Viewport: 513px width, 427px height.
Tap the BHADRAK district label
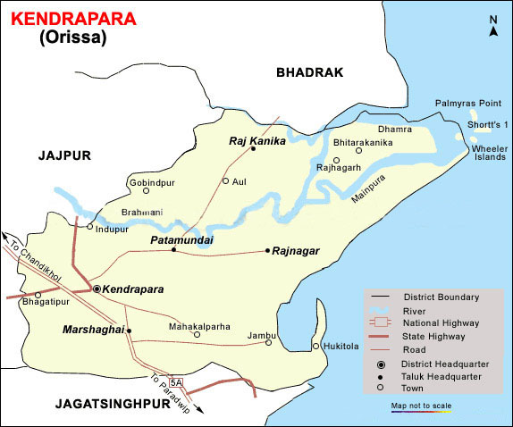[309, 72]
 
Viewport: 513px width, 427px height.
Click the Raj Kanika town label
[256, 141]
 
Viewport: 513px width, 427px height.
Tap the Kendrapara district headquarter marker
[97, 289]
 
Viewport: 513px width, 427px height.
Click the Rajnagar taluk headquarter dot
[267, 251]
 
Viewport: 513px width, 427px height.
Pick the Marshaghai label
[92, 331]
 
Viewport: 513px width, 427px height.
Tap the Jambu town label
[260, 331]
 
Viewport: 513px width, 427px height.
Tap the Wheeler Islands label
[489, 153]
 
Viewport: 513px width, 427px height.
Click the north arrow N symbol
[492, 31]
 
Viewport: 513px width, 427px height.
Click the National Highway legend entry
[441, 322]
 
